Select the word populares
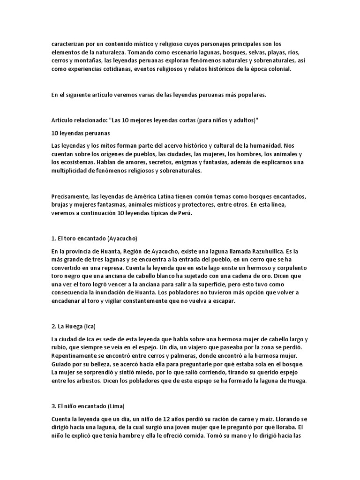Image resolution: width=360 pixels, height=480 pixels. click(250, 95)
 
